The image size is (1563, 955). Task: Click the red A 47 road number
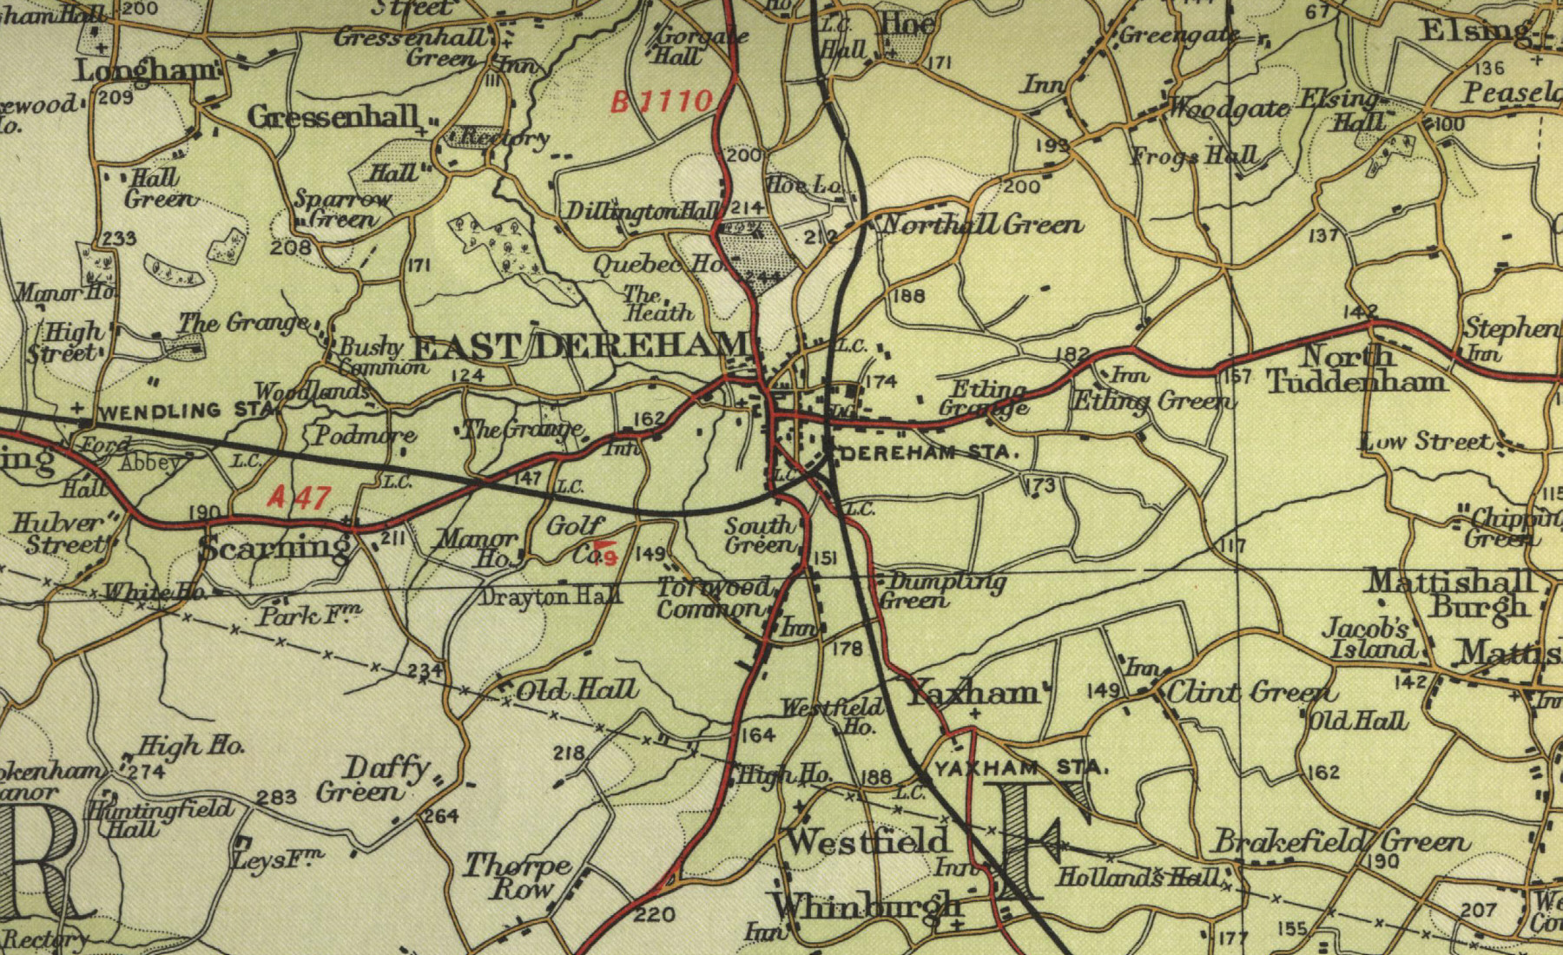pos(299,497)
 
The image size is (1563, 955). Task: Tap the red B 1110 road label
pos(662,102)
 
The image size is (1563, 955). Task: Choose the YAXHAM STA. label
pos(1022,767)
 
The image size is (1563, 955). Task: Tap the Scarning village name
pos(274,548)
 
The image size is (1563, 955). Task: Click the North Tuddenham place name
pos(1356,368)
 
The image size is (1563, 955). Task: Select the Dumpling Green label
pos(940,590)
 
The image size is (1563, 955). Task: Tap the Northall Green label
pos(982,226)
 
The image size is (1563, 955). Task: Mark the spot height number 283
pos(276,796)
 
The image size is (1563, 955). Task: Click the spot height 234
pos(425,670)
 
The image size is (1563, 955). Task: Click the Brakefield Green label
pos(1341,841)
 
